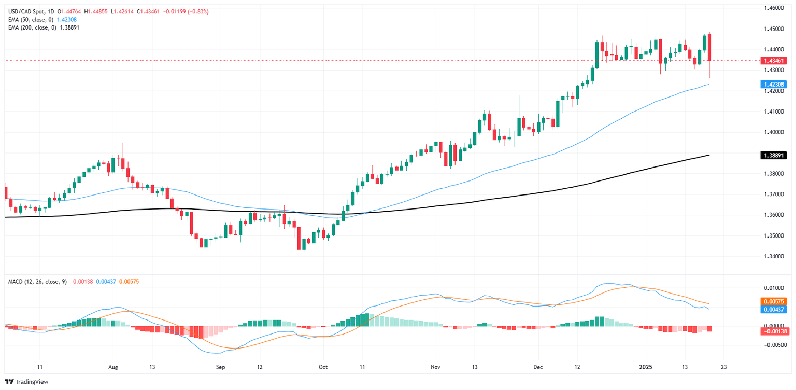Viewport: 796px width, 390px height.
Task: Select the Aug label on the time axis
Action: (113, 367)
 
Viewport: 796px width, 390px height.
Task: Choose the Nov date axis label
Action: (435, 367)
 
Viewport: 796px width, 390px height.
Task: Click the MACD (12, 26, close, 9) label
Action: (37, 281)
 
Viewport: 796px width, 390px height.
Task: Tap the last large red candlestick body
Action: (709, 47)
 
